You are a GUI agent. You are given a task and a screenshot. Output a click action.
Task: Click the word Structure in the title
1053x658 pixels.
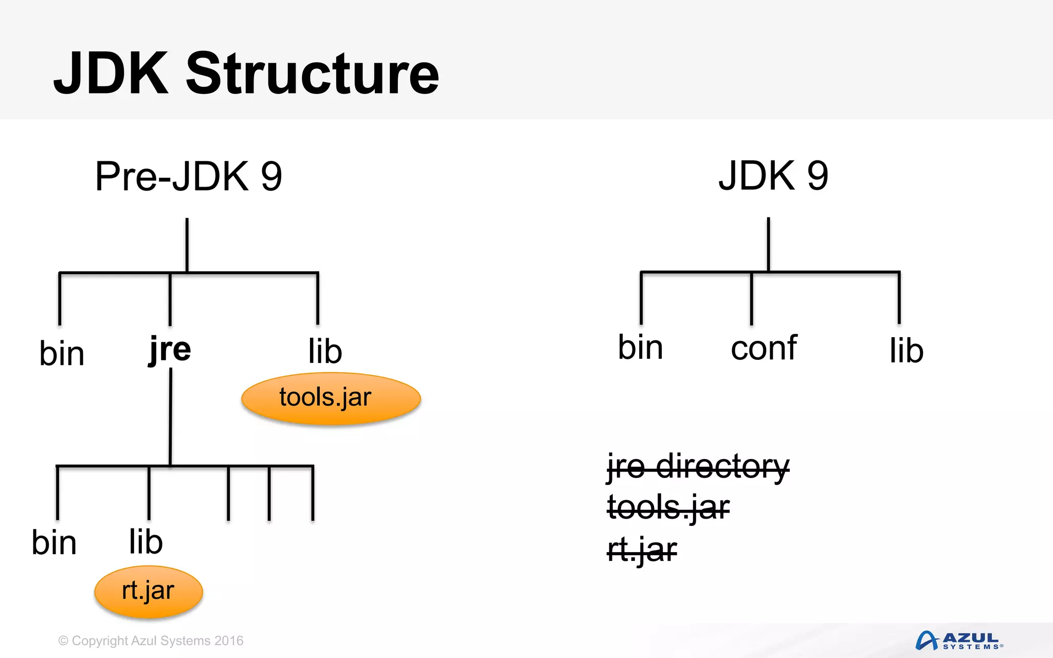point(312,75)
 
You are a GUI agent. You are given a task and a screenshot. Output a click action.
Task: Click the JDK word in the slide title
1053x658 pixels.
point(111,75)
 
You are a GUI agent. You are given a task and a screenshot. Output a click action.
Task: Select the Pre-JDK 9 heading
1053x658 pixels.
point(188,176)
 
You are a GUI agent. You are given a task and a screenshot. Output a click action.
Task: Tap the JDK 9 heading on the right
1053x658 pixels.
point(773,176)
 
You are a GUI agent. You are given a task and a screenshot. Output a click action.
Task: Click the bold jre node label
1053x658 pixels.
point(170,350)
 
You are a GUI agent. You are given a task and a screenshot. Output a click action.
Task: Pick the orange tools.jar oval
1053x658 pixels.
point(331,398)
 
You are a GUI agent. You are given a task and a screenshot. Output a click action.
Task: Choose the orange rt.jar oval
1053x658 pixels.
point(149,591)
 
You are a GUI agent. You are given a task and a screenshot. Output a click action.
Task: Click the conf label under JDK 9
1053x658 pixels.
point(764,349)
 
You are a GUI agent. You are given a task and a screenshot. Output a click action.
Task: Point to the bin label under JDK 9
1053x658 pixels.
point(640,348)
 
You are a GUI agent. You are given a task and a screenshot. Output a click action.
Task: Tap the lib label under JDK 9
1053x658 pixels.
point(906,351)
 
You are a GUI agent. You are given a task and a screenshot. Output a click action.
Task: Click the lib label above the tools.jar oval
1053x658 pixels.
point(325,352)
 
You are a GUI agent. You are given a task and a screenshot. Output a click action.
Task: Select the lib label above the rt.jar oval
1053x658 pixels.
point(146,542)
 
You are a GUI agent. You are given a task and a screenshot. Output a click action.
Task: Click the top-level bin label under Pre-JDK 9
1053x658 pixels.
point(62,354)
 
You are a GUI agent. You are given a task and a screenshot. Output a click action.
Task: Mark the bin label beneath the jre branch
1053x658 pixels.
point(54,543)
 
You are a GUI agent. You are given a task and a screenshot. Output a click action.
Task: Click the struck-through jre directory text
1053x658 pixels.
point(698,467)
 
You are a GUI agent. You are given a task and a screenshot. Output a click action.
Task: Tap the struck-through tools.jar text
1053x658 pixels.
point(668,507)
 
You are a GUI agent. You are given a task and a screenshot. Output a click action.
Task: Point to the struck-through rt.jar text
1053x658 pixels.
point(642,550)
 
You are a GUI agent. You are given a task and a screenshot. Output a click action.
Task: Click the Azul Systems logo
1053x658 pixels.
point(959,641)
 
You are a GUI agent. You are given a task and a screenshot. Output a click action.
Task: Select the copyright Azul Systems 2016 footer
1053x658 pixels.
point(151,641)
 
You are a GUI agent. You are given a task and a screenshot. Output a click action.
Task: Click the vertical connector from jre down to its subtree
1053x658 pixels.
point(171,416)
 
